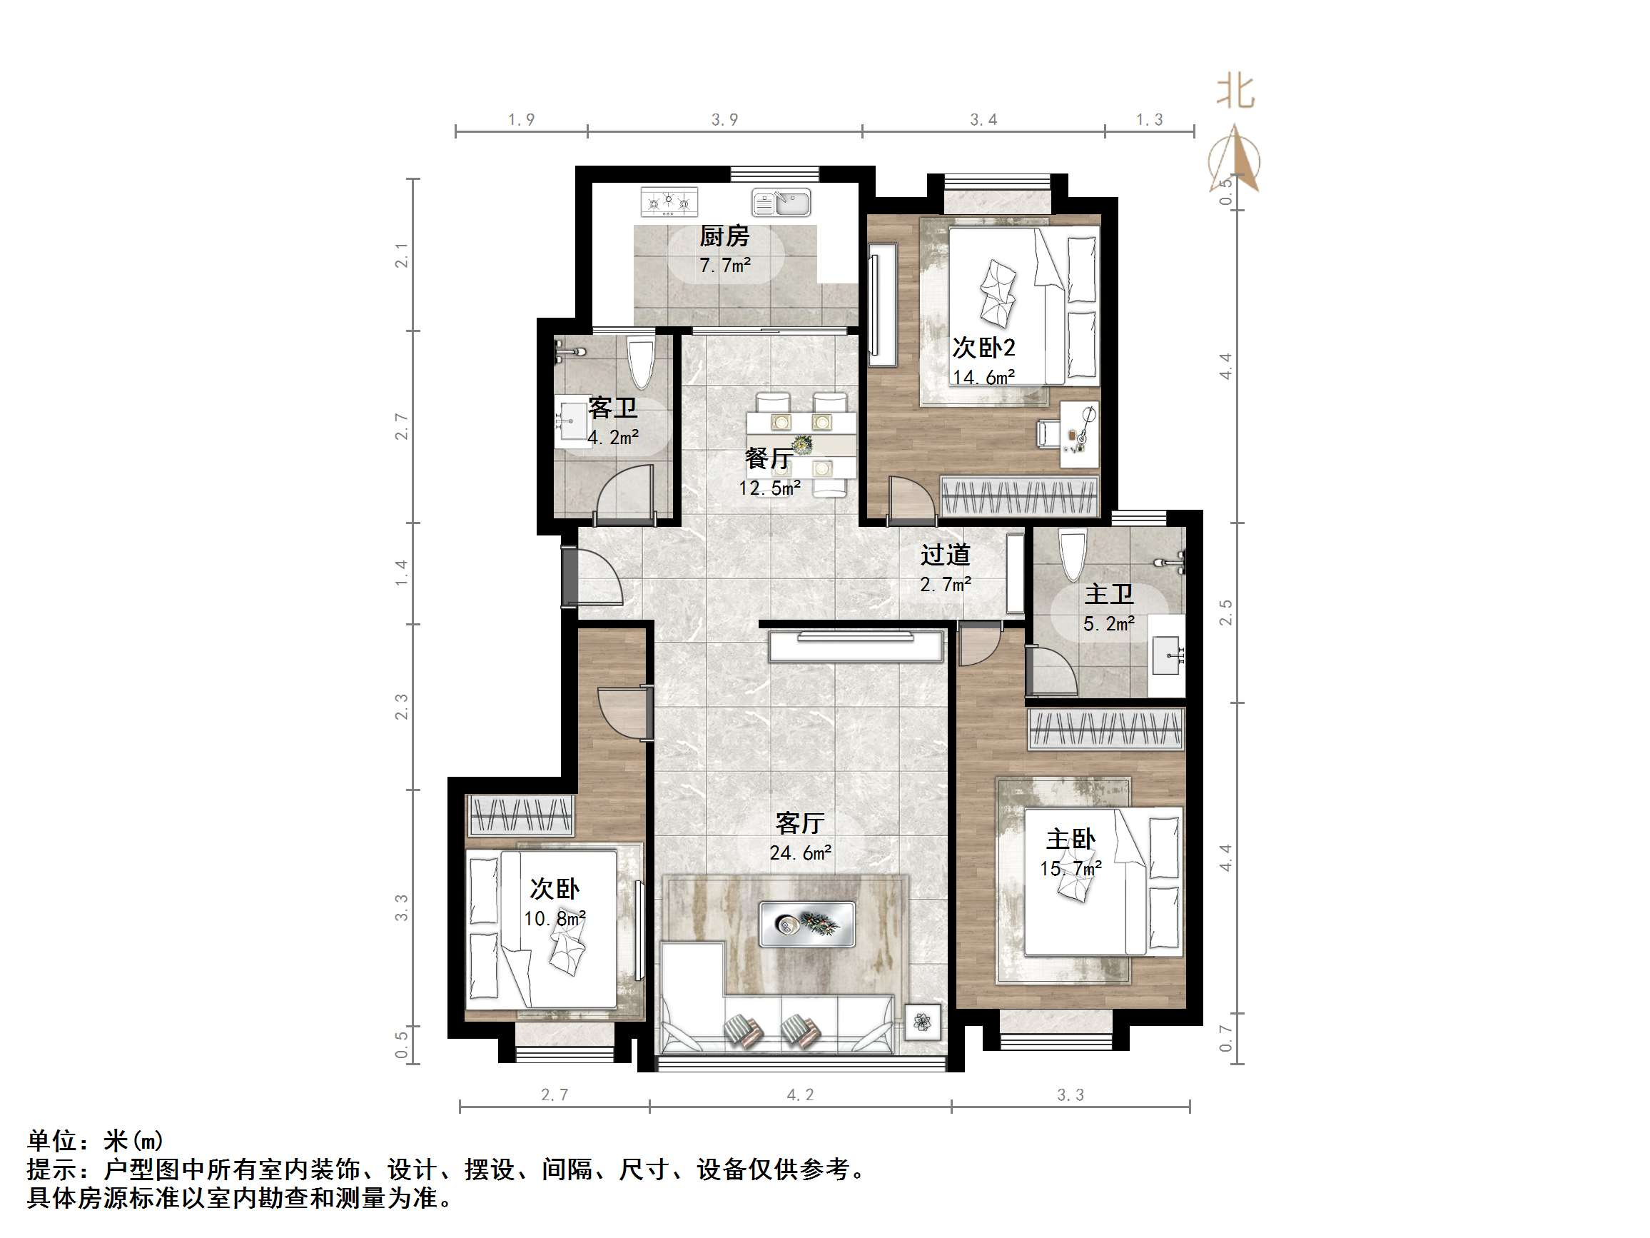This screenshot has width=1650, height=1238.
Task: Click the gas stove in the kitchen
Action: [670, 201]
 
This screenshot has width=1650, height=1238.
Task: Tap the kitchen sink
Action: [781, 202]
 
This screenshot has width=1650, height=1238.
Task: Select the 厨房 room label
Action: [724, 236]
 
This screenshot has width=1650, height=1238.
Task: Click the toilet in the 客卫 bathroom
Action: [641, 363]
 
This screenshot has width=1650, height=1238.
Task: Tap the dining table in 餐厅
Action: [802, 445]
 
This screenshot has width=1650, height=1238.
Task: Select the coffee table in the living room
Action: [807, 925]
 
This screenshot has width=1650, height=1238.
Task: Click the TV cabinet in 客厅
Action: [856, 646]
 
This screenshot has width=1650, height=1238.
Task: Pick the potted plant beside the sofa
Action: [923, 1022]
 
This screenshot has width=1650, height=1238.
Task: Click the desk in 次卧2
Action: [1079, 435]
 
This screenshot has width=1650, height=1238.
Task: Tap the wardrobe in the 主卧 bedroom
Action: [1105, 728]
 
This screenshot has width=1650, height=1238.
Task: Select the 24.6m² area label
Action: [801, 852]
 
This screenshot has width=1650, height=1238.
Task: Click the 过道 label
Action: [944, 555]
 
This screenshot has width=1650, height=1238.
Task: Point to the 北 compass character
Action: [1235, 93]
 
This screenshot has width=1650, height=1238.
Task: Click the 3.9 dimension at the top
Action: [724, 119]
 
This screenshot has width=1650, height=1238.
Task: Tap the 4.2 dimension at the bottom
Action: [801, 1094]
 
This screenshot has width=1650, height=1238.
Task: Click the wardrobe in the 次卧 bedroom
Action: [520, 815]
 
